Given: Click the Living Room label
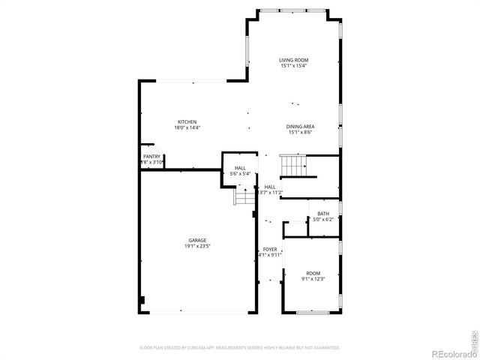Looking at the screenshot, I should (294, 60).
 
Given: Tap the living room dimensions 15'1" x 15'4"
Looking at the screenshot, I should (294, 66).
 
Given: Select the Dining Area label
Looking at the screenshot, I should (300, 126).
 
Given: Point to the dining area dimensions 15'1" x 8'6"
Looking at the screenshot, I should (300, 132).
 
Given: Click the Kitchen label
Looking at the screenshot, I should (187, 121).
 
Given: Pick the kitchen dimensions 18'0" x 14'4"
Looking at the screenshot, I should (187, 127).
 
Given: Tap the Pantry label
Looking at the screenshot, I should (151, 156).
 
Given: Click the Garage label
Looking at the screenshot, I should (197, 240).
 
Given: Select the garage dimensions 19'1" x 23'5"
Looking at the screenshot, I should (197, 246).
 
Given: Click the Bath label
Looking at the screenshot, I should (322, 214).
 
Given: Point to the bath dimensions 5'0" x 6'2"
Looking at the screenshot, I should (322, 220).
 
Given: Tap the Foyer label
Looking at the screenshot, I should (270, 249).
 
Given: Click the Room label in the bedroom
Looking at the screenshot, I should (313, 273).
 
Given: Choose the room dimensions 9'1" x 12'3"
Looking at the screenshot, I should (313, 279).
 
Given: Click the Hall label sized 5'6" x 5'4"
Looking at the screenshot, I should (240, 168).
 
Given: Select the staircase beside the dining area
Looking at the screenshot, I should (293, 163).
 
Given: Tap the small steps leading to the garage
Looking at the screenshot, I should (244, 196).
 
